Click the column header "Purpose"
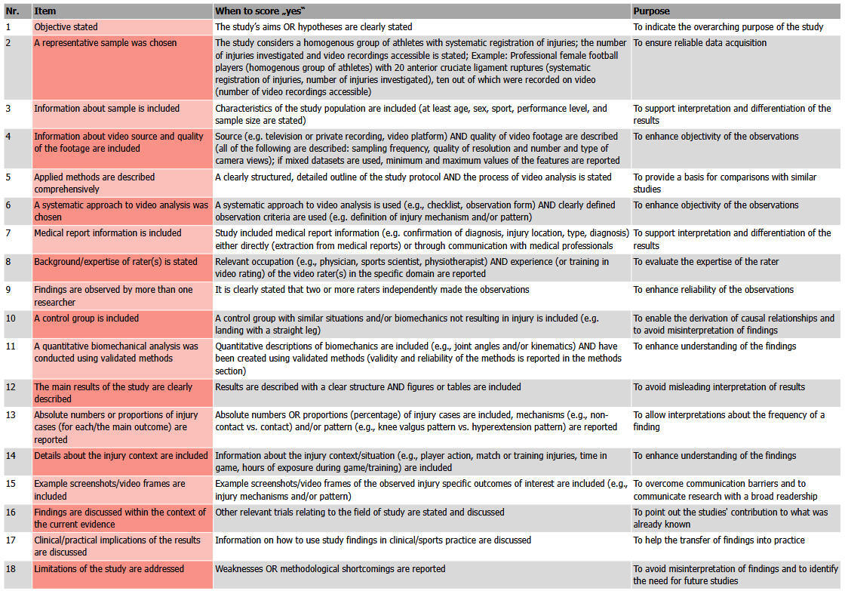(651, 11)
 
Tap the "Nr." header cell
(14, 11)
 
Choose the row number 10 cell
(11, 319)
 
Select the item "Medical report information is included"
(108, 233)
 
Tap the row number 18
(11, 568)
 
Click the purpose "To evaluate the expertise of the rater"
(706, 262)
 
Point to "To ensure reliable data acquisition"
(699, 43)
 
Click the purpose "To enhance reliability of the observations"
(713, 290)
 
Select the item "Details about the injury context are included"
(121, 456)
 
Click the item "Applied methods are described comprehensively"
(94, 183)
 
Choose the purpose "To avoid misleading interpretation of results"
(719, 387)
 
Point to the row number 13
(11, 415)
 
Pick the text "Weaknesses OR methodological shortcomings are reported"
(330, 568)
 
